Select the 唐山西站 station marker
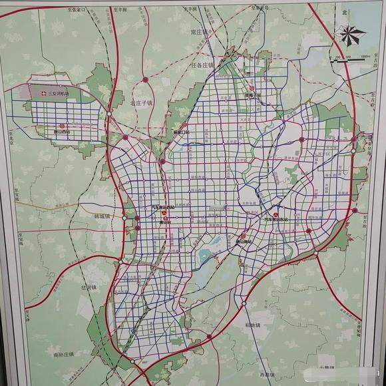(x=62, y=126)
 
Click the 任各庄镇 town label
(x=202, y=65)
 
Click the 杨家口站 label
(x=181, y=132)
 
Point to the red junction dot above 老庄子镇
(x=145, y=80)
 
